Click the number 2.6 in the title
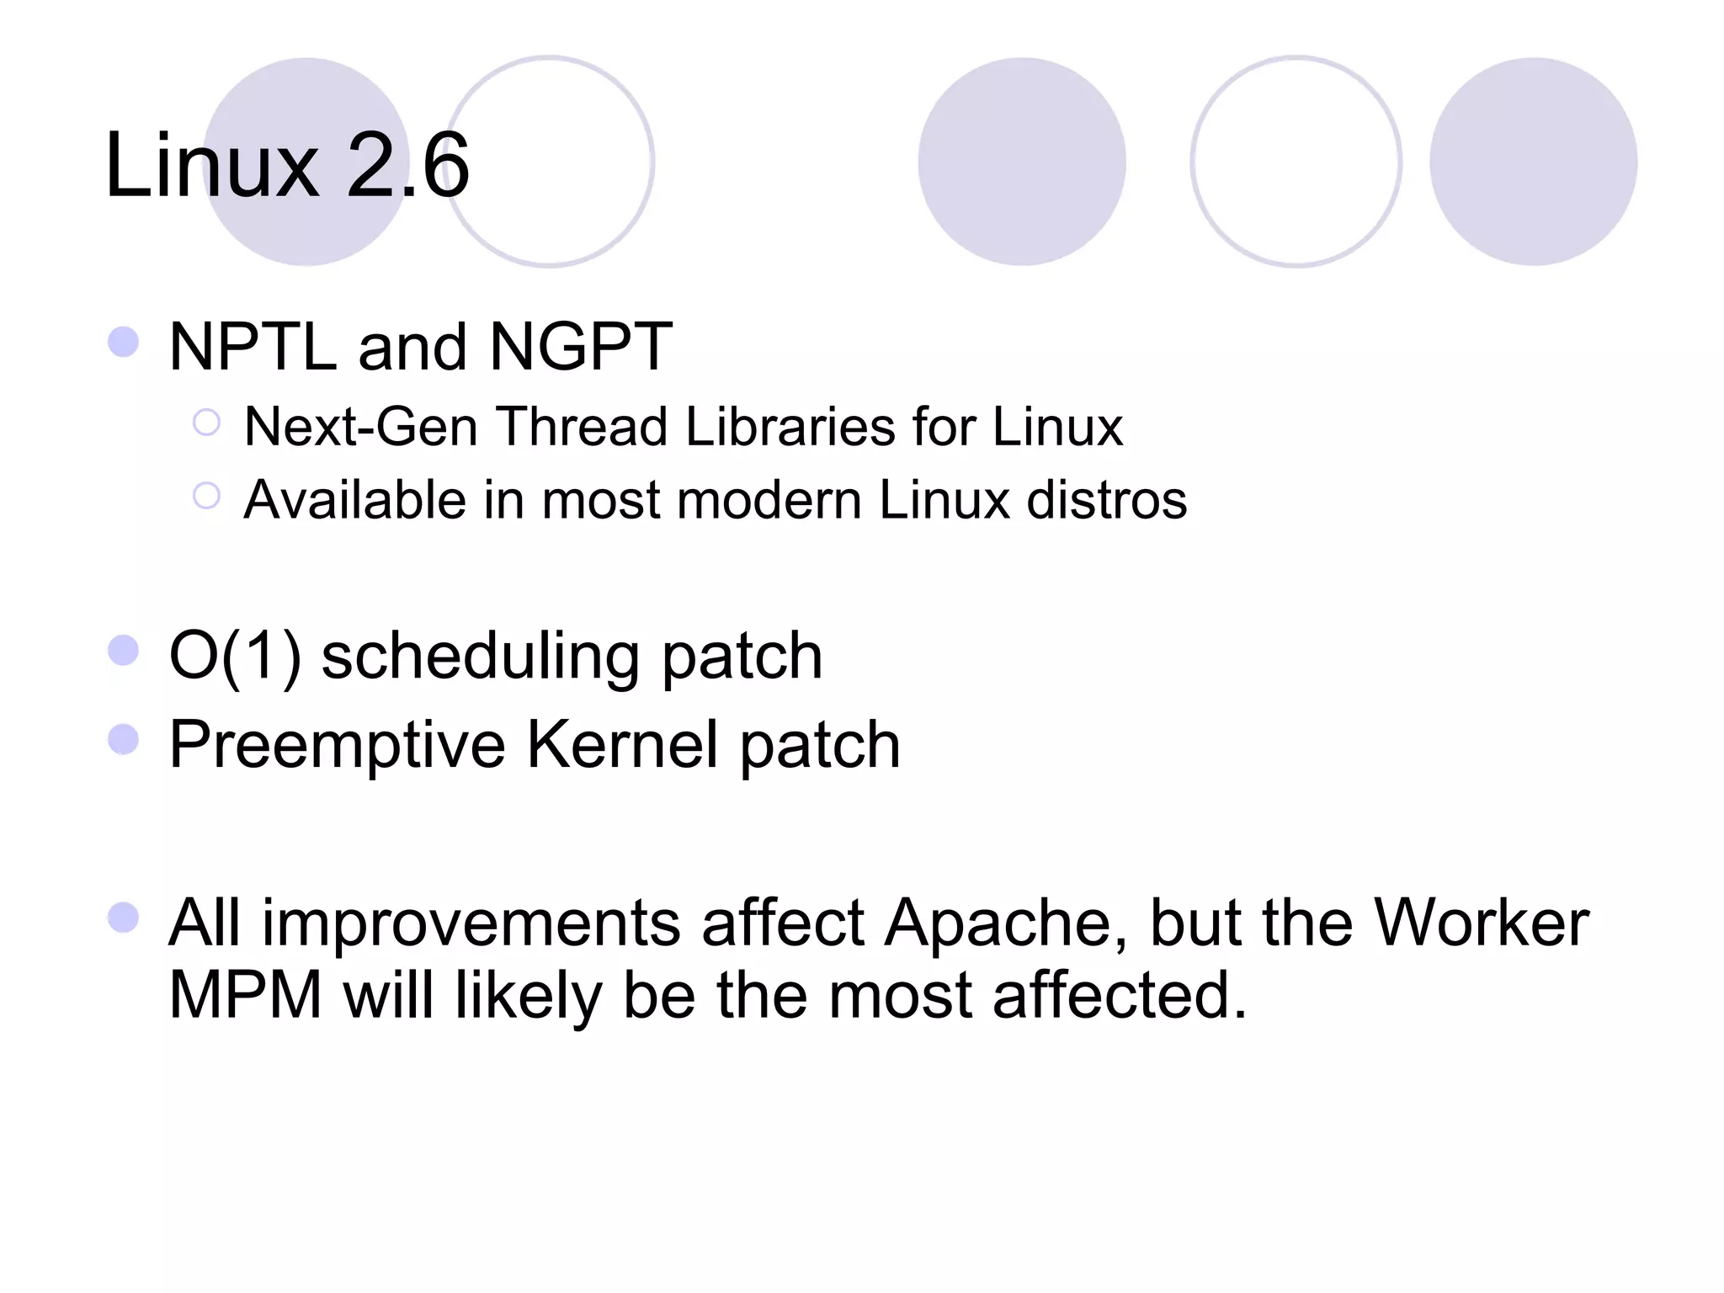pos(407,166)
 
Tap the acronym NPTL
pos(253,347)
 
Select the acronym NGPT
pos(581,347)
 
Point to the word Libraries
pos(790,427)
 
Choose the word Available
pos(354,500)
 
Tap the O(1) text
pos(235,657)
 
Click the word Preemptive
pos(338,746)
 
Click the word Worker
pos(1482,923)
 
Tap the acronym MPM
pos(245,995)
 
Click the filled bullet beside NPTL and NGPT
pos(124,343)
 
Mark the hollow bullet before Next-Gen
pos(206,423)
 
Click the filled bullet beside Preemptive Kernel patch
pos(124,740)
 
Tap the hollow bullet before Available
pos(206,496)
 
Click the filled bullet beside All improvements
pos(124,918)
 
